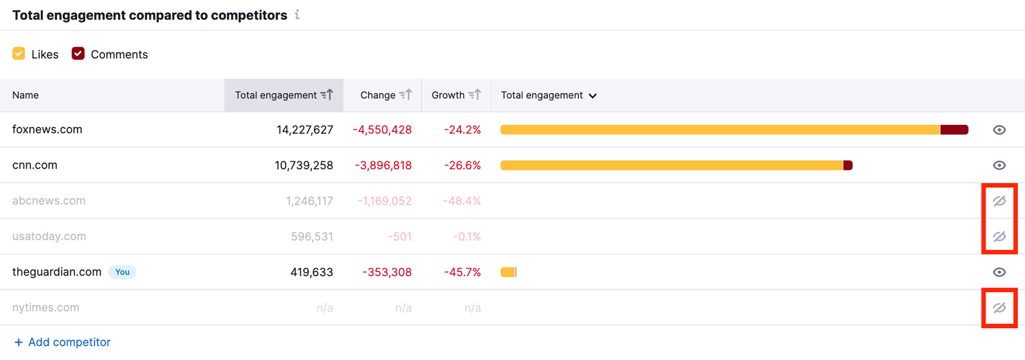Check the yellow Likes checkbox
19,54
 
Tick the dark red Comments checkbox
78,54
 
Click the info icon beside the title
297,15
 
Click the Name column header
26,95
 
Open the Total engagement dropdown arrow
593,96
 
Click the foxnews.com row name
47,129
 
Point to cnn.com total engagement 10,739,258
304,165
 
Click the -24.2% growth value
463,130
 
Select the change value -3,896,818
383,165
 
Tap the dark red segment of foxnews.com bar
953,130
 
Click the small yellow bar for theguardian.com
508,272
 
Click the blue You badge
122,272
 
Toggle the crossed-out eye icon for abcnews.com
999,201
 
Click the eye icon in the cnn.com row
999,165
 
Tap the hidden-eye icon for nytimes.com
999,308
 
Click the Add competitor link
63,342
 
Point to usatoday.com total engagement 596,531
312,236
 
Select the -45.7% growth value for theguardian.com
463,272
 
